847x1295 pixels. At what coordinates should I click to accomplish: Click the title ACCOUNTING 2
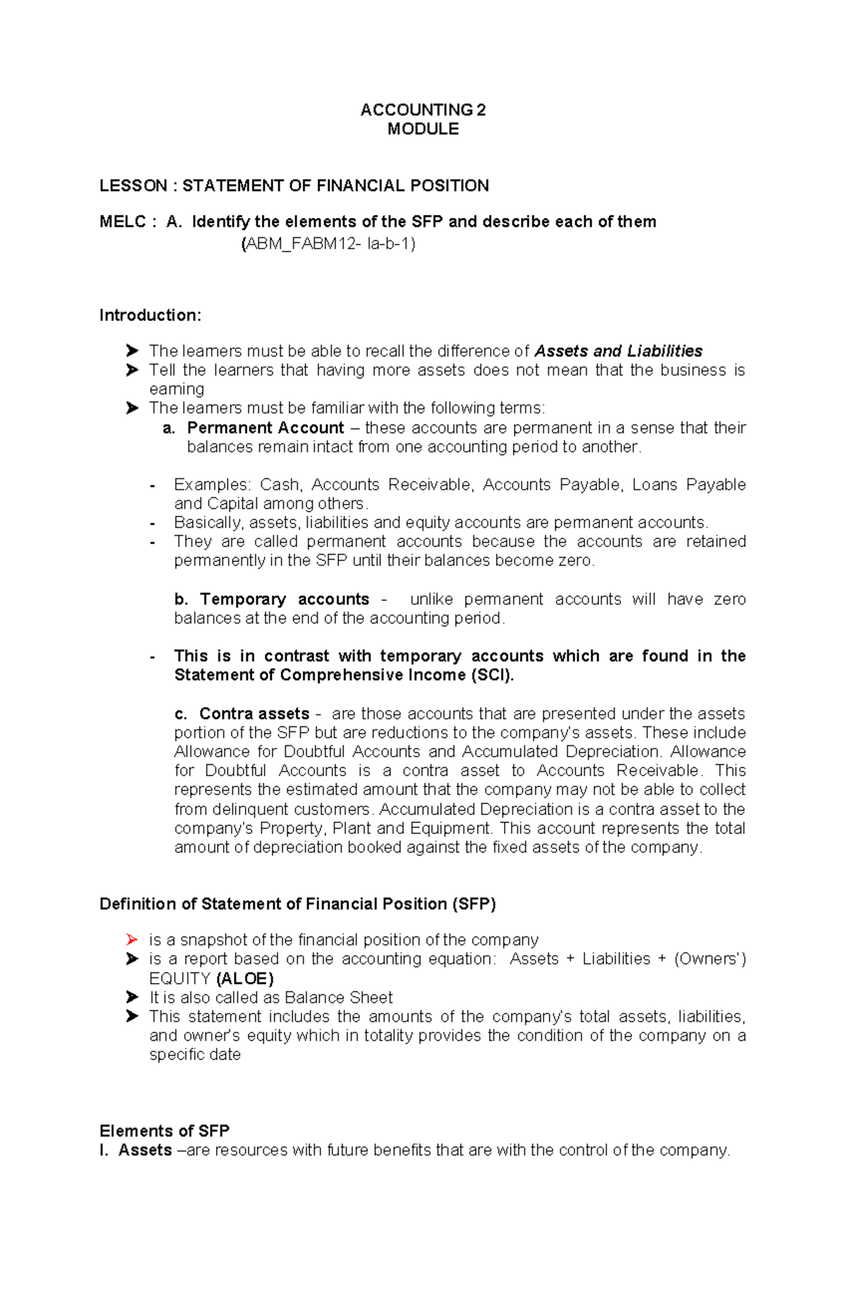(423, 109)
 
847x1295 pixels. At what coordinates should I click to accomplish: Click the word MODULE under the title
(423, 129)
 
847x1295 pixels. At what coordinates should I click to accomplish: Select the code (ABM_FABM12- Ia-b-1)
(328, 244)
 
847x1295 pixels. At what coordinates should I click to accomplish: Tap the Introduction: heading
(150, 315)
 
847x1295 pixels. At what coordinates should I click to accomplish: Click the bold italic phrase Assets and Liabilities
(618, 351)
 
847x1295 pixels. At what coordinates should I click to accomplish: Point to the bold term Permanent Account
(265, 428)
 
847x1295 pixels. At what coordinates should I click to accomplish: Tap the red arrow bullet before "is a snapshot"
(132, 939)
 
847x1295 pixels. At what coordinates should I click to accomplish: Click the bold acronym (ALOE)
(244, 978)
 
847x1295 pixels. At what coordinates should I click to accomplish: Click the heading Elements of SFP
(164, 1131)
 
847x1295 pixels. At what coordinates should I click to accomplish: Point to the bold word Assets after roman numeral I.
(145, 1150)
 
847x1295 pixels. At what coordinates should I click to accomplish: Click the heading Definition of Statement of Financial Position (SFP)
(298, 904)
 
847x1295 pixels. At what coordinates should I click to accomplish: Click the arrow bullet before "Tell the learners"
(132, 370)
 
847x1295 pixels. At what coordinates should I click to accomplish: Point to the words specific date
(195, 1054)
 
